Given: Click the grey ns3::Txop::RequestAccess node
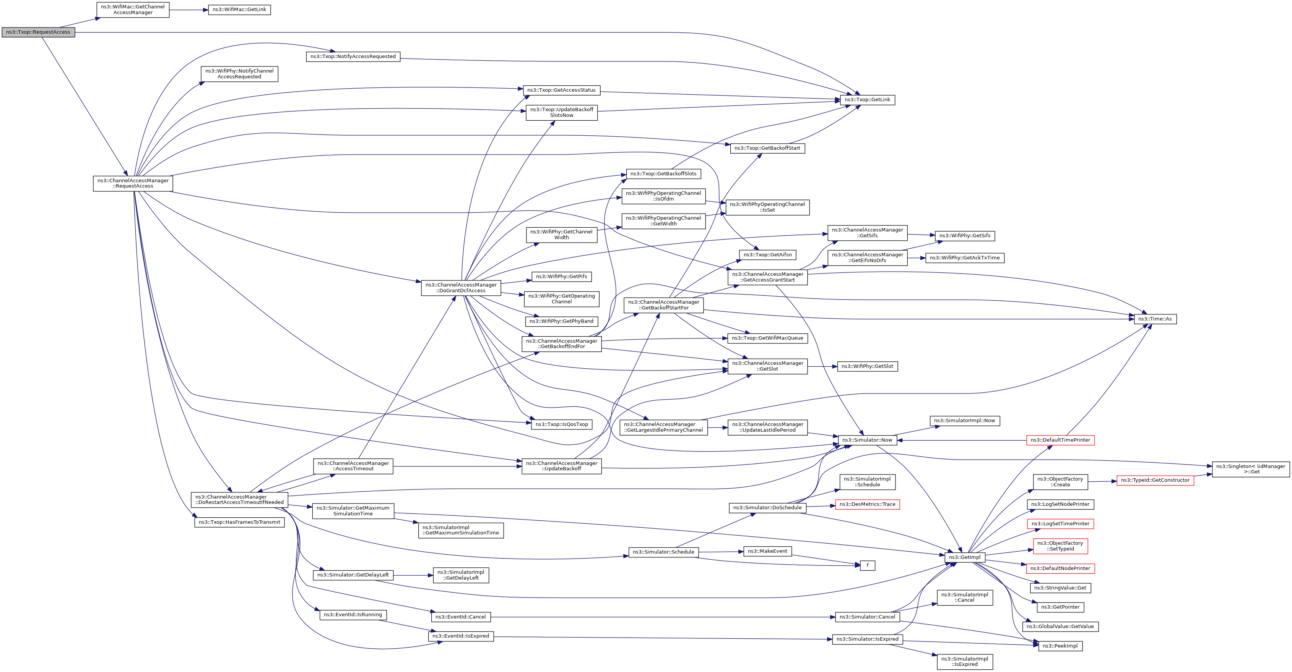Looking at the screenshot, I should [38, 32].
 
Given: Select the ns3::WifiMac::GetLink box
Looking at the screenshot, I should [239, 10].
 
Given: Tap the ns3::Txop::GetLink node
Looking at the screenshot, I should [867, 100].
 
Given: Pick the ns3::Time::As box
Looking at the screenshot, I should [1155, 319].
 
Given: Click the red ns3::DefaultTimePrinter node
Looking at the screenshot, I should [1060, 440].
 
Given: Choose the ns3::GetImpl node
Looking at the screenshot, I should [964, 557].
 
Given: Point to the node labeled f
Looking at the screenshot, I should [867, 565].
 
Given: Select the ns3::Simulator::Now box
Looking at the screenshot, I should [867, 440].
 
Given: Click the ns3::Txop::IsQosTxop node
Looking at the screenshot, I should [562, 424].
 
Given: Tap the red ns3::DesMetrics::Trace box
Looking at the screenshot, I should [867, 504].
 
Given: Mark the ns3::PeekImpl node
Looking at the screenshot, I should [1060, 646].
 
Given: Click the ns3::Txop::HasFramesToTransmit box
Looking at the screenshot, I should [239, 522].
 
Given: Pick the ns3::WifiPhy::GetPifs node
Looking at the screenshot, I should [561, 277].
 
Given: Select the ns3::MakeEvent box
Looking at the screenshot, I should [767, 551].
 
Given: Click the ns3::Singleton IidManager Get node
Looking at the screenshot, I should [1250, 469].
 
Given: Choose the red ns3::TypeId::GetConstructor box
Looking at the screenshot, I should [1155, 480].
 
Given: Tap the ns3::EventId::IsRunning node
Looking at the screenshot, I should [353, 614].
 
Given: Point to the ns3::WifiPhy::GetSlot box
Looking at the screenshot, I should [867, 366].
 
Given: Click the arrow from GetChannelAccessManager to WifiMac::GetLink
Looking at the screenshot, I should [189, 10].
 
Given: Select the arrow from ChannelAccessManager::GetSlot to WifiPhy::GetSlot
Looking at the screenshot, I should [822, 366].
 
